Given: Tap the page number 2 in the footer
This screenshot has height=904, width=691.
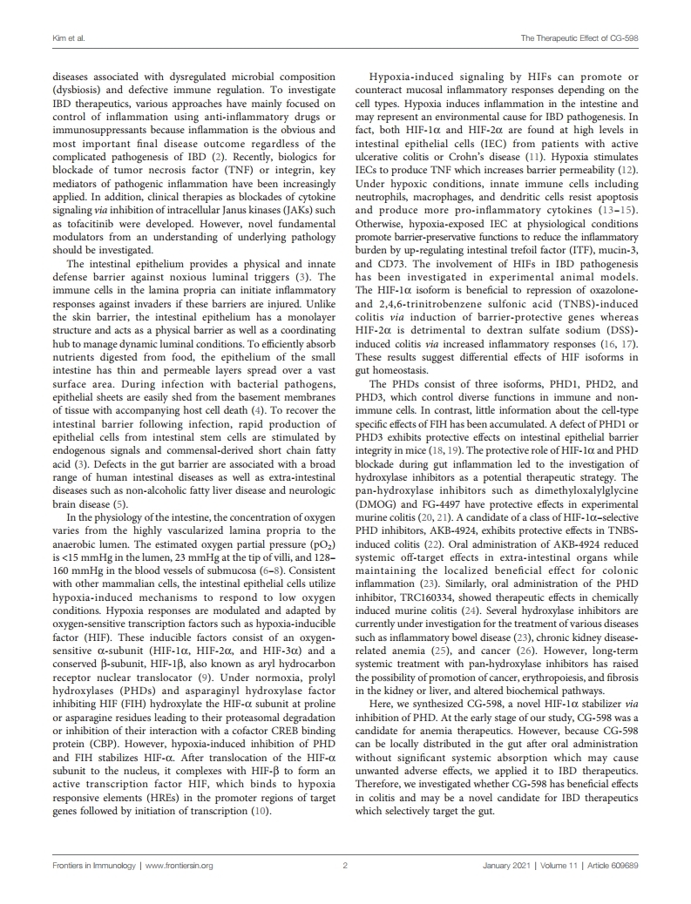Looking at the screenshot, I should [x=345, y=866].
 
